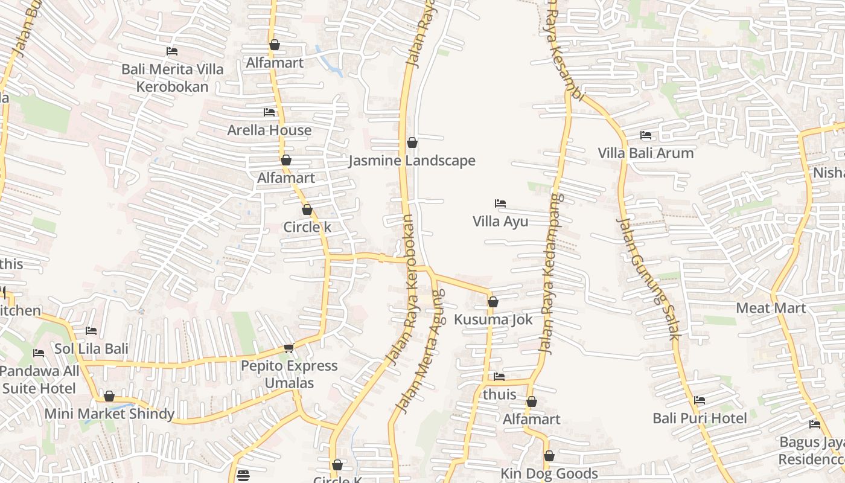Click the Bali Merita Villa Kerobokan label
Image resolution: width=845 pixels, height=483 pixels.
[173, 78]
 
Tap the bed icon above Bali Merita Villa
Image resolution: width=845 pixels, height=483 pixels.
[172, 52]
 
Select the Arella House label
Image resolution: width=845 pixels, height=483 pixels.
[269, 130]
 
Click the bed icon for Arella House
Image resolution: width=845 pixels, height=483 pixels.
[269, 112]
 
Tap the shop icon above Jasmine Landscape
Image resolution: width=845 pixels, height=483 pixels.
[412, 143]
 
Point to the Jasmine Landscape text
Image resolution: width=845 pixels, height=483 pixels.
[412, 161]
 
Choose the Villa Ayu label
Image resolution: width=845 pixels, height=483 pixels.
[500, 221]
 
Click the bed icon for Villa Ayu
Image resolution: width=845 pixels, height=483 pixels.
[500, 203]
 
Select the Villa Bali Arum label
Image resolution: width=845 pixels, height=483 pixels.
[646, 153]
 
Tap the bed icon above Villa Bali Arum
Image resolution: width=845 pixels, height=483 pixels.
[646, 135]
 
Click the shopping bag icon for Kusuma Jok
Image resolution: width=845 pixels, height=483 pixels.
[493, 302]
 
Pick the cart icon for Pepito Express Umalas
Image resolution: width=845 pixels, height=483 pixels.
[289, 348]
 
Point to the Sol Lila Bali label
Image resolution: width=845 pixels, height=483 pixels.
[92, 348]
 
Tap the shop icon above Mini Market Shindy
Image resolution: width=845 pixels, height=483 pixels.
[109, 397]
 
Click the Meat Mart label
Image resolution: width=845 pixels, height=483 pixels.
[771, 308]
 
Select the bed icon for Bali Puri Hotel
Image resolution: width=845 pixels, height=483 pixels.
[700, 400]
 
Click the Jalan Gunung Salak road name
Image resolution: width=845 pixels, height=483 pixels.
[648, 279]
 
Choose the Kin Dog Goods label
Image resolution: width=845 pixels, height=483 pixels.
[549, 473]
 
